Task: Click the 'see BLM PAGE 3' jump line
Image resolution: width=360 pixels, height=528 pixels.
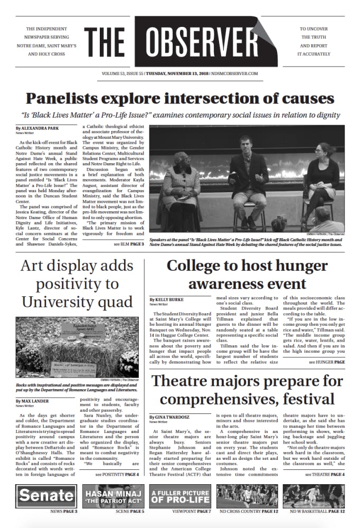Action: [x=128, y=244]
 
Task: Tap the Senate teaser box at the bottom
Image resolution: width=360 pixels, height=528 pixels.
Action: [x=46, y=496]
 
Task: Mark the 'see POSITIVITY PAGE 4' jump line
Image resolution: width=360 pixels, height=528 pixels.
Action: [x=117, y=475]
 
